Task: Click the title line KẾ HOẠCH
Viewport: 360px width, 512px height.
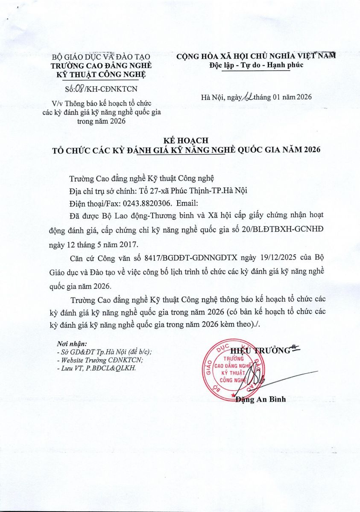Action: [x=180, y=141]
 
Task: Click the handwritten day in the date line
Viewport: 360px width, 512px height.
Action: [x=247, y=97]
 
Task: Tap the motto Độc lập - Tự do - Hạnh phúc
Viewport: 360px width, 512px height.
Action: [x=250, y=65]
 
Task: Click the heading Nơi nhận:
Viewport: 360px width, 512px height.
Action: [x=72, y=344]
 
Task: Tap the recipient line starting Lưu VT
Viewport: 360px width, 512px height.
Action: [x=96, y=368]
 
